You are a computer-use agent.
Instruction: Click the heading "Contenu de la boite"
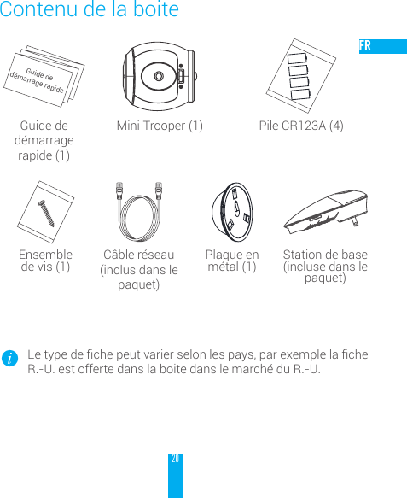click(90, 11)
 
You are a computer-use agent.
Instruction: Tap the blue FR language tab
click(382, 46)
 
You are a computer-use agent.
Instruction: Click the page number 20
click(175, 459)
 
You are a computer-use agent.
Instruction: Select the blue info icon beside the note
click(9, 360)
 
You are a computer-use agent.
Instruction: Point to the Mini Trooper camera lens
click(160, 76)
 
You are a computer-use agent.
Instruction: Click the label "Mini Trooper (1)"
click(160, 126)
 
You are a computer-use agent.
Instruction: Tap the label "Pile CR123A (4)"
click(301, 126)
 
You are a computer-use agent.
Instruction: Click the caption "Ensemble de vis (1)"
click(45, 261)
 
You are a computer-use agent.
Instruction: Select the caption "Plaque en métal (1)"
click(232, 261)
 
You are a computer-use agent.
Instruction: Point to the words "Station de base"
click(325, 255)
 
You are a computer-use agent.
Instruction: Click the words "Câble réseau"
click(138, 255)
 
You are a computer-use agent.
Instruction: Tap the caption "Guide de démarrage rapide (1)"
click(44, 141)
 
